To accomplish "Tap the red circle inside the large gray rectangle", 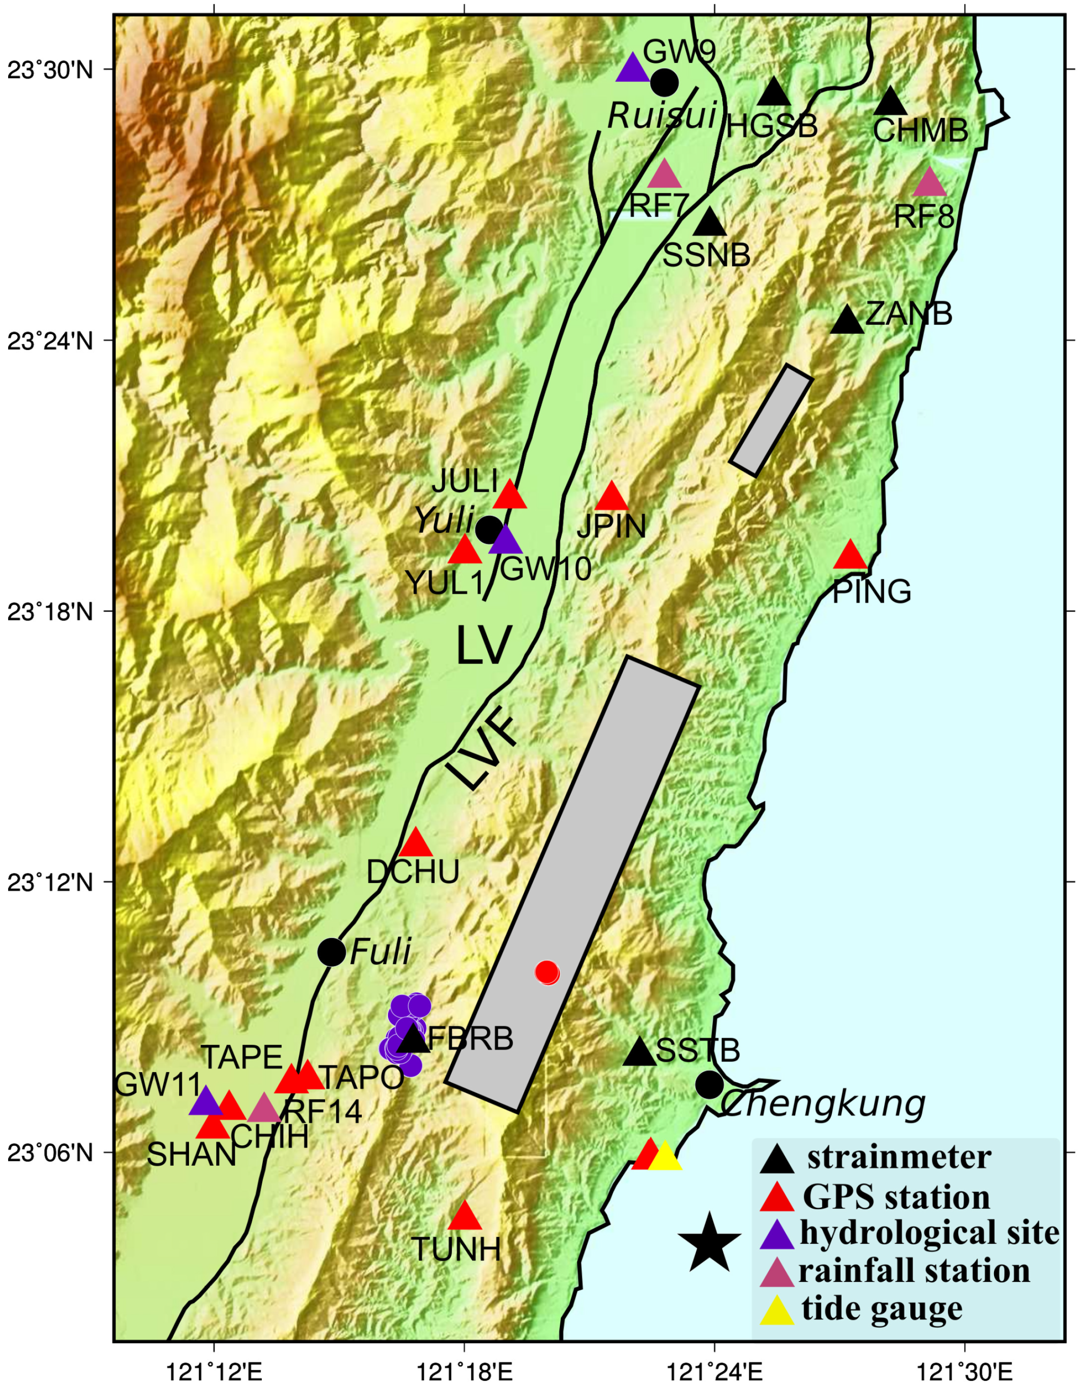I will coord(547,972).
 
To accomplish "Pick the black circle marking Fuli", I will coord(331,952).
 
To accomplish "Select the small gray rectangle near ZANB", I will coord(772,420).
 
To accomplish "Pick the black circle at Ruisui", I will coord(664,82).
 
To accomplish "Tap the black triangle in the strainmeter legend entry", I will coord(777,1160).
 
